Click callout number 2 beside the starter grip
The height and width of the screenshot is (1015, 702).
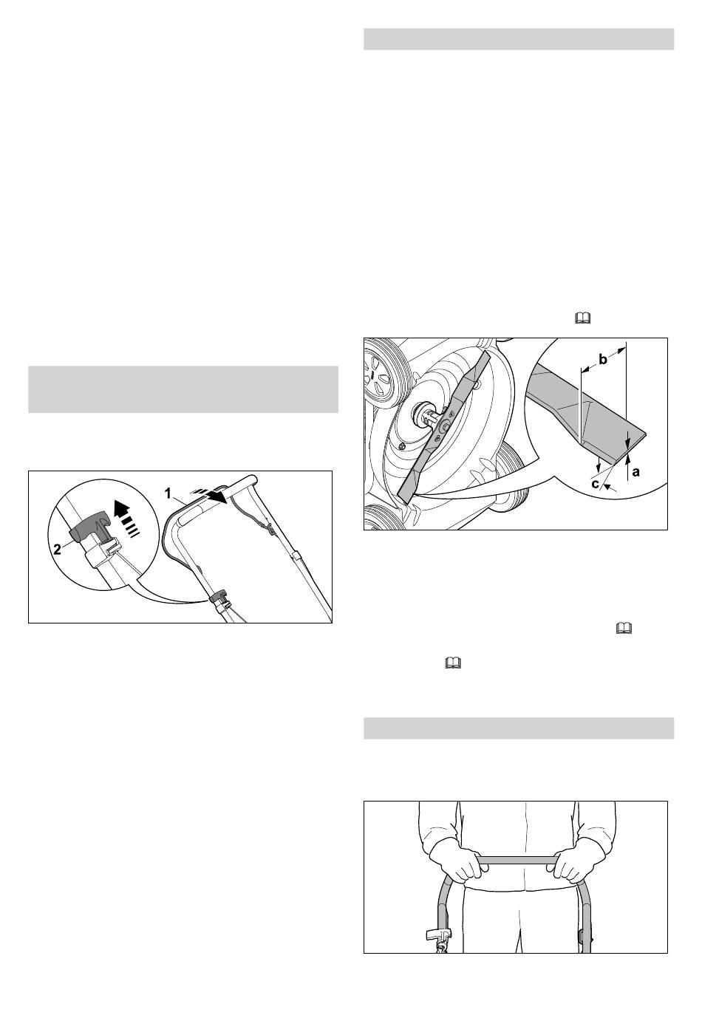coord(58,549)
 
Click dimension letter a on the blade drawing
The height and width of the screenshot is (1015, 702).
coord(635,472)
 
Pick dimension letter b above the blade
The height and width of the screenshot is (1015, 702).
coord(603,360)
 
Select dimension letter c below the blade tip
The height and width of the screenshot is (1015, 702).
coord(596,484)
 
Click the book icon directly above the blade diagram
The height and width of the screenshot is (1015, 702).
coord(584,318)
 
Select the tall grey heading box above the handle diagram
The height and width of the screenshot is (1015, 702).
coord(183,390)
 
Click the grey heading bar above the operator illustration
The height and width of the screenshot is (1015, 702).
coord(519,728)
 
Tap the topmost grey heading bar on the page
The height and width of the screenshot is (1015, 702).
coord(519,39)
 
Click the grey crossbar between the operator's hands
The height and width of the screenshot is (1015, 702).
coord(518,861)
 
